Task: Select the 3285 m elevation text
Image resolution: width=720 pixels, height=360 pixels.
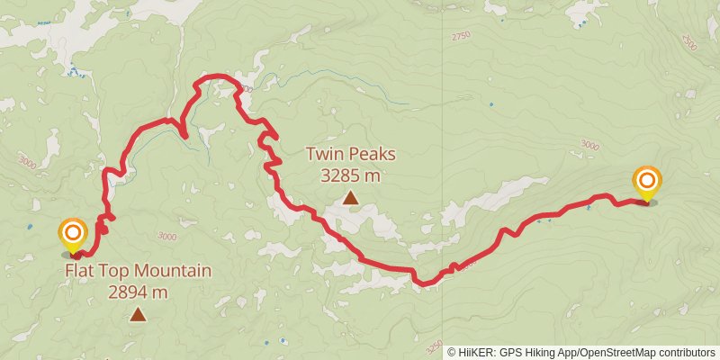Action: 350,175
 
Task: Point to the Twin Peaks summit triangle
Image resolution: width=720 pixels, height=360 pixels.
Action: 350,197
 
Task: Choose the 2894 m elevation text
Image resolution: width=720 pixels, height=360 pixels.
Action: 138,292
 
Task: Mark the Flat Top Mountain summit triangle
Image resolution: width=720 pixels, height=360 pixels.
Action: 138,314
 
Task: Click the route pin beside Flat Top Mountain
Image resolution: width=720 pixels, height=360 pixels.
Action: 73,235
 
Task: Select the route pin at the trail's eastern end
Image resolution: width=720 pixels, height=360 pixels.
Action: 647,182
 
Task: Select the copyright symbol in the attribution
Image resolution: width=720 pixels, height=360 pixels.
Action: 453,353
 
